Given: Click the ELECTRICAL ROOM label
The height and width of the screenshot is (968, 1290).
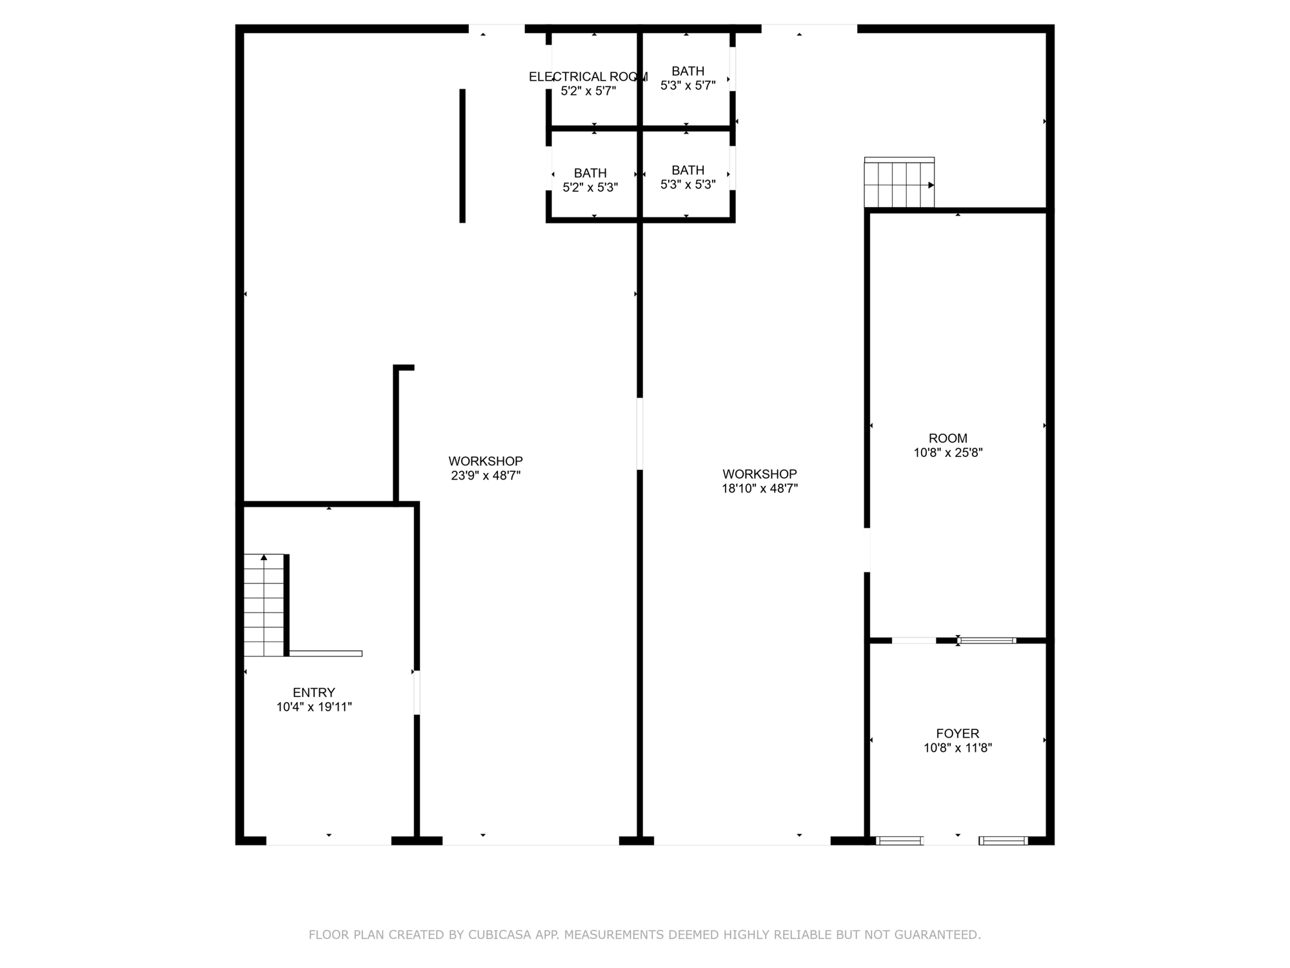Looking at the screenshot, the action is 588,77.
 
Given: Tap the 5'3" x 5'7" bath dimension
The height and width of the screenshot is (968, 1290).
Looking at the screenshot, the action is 688,85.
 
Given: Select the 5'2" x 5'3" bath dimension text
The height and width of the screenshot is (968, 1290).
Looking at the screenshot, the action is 590,187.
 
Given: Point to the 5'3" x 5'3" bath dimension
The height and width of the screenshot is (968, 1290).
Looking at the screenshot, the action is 688,185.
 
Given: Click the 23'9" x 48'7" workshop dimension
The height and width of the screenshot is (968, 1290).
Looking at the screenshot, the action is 486,476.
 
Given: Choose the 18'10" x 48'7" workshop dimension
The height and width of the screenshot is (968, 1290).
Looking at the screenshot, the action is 760,489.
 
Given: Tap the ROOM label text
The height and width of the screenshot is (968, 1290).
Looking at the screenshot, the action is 948,438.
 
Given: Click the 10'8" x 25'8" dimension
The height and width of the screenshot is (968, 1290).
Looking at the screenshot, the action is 948,452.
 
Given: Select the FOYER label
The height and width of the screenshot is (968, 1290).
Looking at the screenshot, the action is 958,733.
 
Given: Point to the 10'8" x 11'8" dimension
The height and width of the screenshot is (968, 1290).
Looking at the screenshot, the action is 958,748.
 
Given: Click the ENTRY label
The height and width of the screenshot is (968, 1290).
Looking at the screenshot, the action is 314,692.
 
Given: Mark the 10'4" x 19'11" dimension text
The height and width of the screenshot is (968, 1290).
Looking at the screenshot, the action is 314,707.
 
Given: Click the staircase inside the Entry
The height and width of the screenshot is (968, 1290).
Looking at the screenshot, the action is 264,605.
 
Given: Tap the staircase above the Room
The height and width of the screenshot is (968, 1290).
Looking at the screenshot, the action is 899,183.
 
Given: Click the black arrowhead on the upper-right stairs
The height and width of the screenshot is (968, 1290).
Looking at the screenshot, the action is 931,185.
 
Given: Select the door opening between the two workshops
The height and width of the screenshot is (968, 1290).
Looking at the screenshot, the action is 640,434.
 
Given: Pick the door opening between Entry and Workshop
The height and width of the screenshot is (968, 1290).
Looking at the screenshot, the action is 417,692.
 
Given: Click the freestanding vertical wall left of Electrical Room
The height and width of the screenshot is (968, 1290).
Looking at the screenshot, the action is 462,156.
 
